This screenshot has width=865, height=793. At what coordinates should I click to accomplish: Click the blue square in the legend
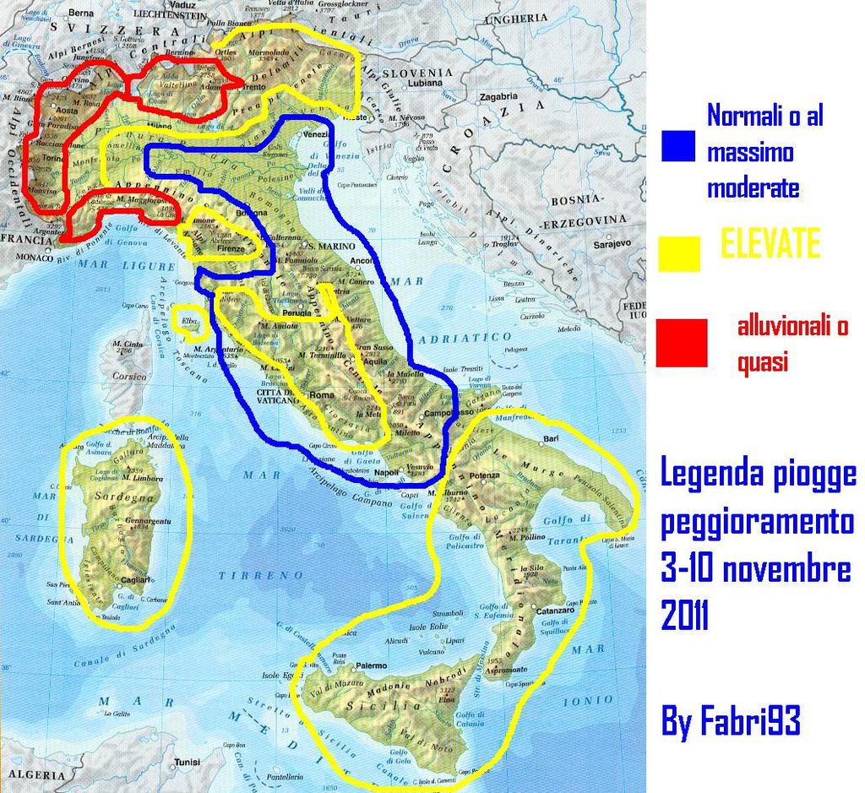pos(678,145)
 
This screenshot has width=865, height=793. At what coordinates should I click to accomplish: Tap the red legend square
pos(681,343)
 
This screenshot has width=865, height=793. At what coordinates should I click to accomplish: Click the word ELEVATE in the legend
pos(770,244)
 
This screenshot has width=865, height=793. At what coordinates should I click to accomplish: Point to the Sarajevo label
pos(612,243)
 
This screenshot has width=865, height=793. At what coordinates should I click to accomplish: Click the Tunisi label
pos(187,761)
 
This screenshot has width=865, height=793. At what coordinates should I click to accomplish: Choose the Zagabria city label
pos(498,97)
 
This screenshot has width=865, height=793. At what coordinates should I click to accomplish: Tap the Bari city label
pos(552,439)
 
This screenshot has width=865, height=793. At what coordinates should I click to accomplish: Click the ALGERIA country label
pos(35,774)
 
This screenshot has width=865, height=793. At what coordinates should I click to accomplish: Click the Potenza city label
pos(485,476)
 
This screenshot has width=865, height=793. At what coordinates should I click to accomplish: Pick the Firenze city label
pos(230,249)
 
